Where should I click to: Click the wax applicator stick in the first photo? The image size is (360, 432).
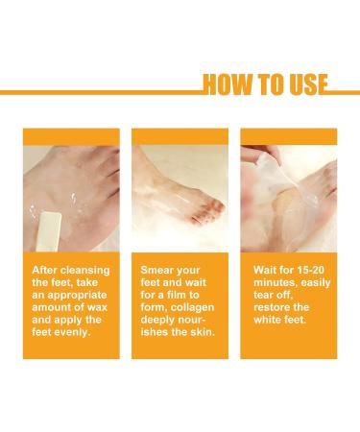click(48, 229)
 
